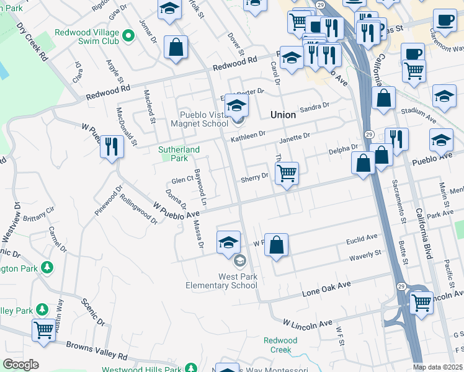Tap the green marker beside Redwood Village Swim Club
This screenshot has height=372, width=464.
coord(129,35)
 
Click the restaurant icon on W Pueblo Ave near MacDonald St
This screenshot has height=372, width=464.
coord(112,147)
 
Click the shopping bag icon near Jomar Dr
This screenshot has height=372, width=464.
coord(176,47)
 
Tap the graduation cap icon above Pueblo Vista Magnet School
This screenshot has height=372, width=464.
coord(236,106)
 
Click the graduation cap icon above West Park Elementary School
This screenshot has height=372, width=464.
coord(228,241)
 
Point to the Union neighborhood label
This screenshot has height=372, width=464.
coord(283,115)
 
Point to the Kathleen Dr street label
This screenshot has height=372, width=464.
coord(248,136)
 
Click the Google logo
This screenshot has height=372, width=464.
coord(20,365)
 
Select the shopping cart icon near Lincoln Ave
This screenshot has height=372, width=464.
coord(422,303)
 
